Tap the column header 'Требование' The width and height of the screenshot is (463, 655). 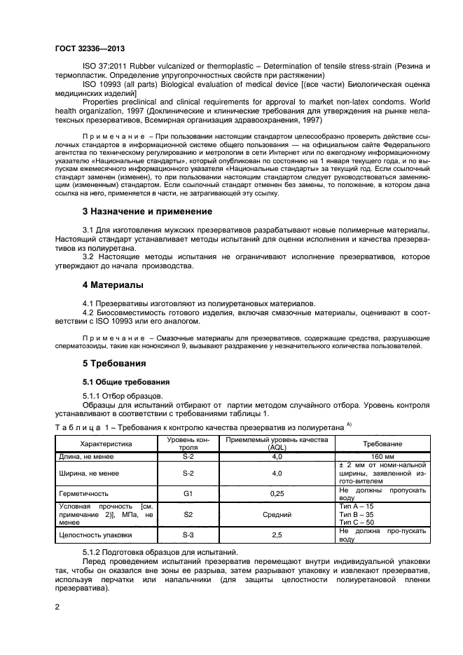382,443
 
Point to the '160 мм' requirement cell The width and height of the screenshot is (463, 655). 382,457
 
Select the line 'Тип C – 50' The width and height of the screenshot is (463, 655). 356,523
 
